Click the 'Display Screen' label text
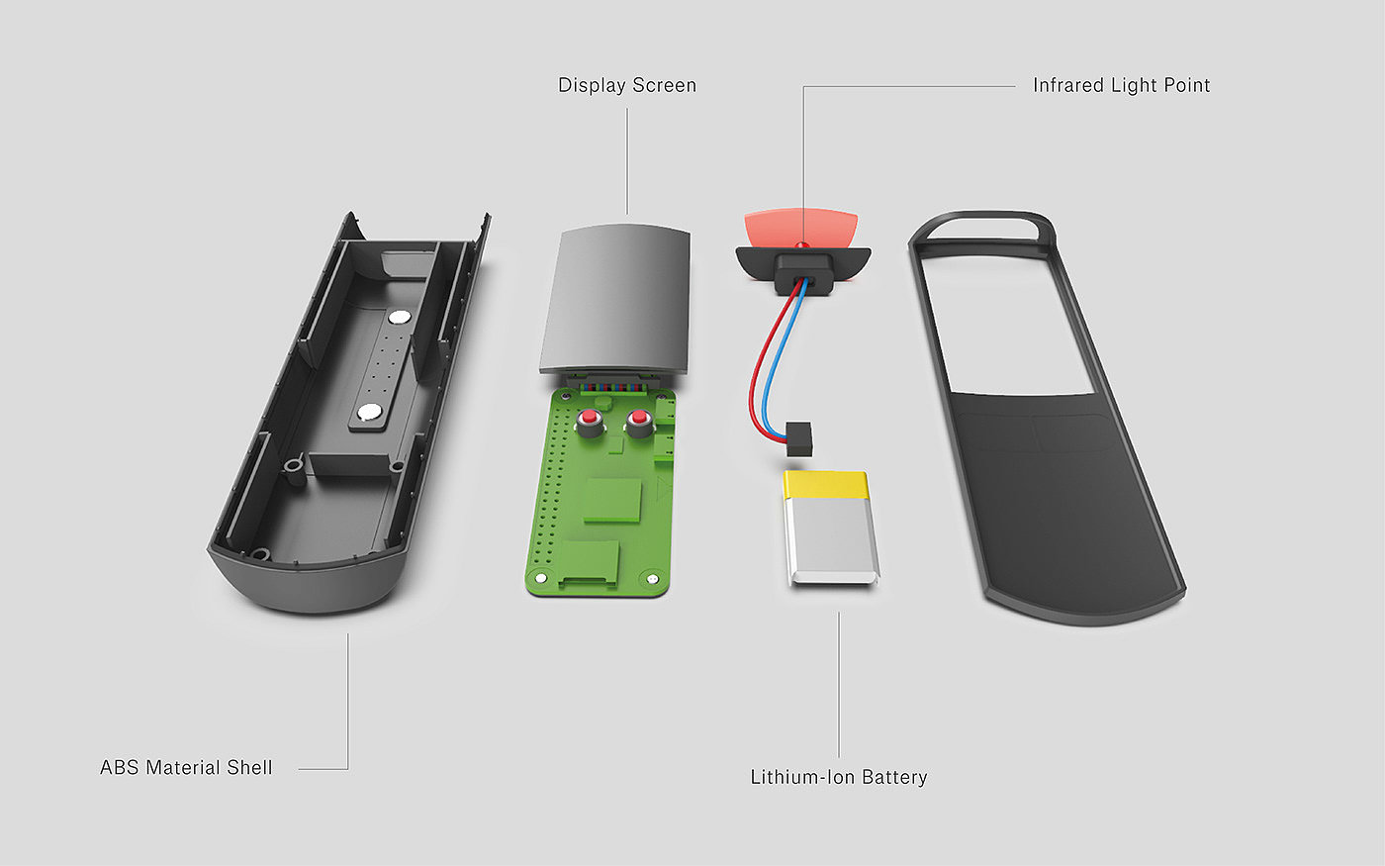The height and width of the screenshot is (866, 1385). coord(627,85)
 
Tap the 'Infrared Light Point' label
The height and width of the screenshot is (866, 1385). coord(1121,85)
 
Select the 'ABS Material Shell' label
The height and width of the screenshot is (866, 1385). coord(186,767)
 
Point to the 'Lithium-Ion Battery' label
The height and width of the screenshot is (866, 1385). coord(838,777)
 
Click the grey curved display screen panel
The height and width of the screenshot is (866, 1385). coord(614,297)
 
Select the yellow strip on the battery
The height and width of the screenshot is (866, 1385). coord(826,484)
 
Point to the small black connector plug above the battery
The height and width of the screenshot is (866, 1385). coord(797,437)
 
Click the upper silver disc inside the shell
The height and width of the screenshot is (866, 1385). coord(400,318)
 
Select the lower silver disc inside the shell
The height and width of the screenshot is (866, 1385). coord(370,412)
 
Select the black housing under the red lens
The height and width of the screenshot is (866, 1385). coord(802,265)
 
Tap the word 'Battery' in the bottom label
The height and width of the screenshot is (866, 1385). coord(893,777)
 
